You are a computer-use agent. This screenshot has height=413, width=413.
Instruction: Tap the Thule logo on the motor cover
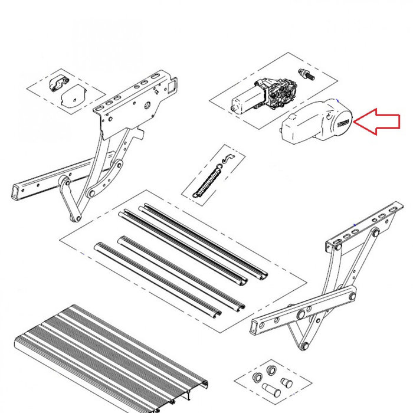pyautogui.click(x=343, y=123)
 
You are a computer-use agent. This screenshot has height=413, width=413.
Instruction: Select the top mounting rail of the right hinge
pyautogui.click(x=366, y=225)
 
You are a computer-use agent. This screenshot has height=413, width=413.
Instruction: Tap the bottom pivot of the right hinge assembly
pyautogui.click(x=304, y=348)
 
